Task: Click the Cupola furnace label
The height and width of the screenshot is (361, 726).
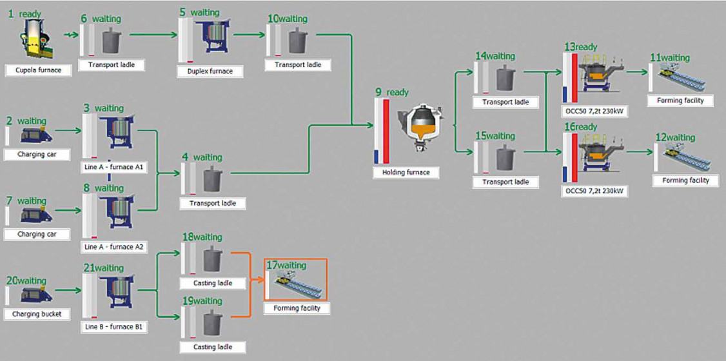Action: (x=39, y=69)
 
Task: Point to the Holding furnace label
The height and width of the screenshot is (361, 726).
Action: (x=405, y=172)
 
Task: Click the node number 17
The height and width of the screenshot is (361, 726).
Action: (x=271, y=265)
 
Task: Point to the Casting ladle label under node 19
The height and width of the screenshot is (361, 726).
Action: (x=212, y=347)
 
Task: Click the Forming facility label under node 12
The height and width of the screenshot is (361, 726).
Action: (x=685, y=180)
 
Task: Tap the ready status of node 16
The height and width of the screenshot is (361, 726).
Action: (x=586, y=127)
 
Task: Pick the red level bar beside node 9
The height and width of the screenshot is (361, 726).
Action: (x=386, y=131)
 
